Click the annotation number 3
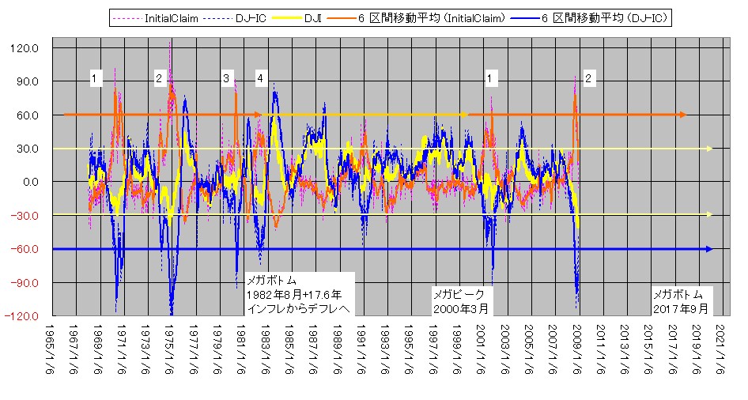point(226,78)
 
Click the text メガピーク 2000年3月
point(461,300)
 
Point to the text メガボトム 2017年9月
point(682,300)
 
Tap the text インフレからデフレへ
point(297,308)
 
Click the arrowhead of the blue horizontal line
point(708,249)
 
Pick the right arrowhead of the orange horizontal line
point(682,115)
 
